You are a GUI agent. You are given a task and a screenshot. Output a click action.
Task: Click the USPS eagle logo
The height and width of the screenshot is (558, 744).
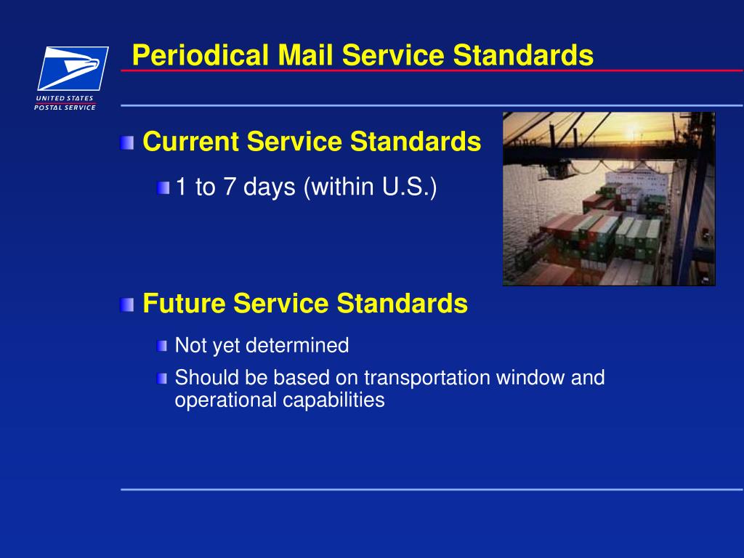[73, 68]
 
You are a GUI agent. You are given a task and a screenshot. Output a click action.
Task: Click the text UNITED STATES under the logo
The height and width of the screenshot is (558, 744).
[65, 98]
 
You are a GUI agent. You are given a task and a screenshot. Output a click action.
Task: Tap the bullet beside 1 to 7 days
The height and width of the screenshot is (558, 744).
[163, 188]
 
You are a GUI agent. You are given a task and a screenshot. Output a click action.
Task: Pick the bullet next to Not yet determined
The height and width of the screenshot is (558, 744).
[161, 346]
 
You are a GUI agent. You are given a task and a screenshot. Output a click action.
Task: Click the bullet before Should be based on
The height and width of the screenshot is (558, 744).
[161, 379]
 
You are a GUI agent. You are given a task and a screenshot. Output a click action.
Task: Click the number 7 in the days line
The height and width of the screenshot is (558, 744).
[230, 187]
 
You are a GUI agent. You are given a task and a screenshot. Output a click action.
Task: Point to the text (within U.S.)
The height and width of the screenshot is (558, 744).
[371, 187]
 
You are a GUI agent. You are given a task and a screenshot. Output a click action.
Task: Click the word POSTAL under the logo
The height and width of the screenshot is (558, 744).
[48, 108]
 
